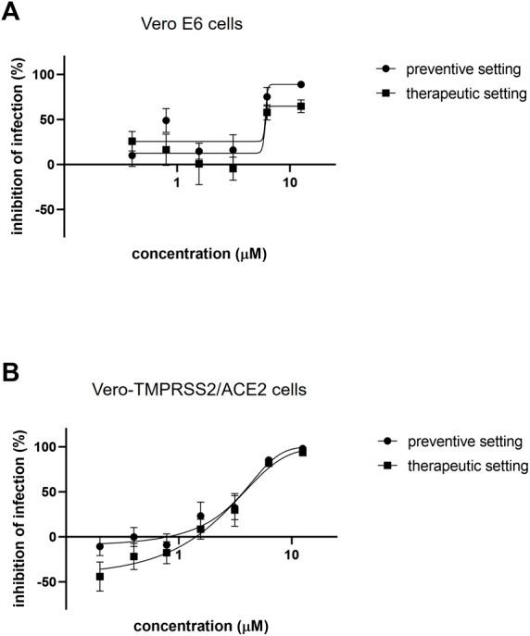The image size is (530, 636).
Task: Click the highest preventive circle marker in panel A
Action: pyautogui.click(x=300, y=84)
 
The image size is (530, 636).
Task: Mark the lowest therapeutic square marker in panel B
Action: pyautogui.click(x=100, y=577)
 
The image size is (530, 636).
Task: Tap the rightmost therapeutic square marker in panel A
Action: pyautogui.click(x=300, y=106)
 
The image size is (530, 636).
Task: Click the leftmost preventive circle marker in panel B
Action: pyautogui.click(x=100, y=546)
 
